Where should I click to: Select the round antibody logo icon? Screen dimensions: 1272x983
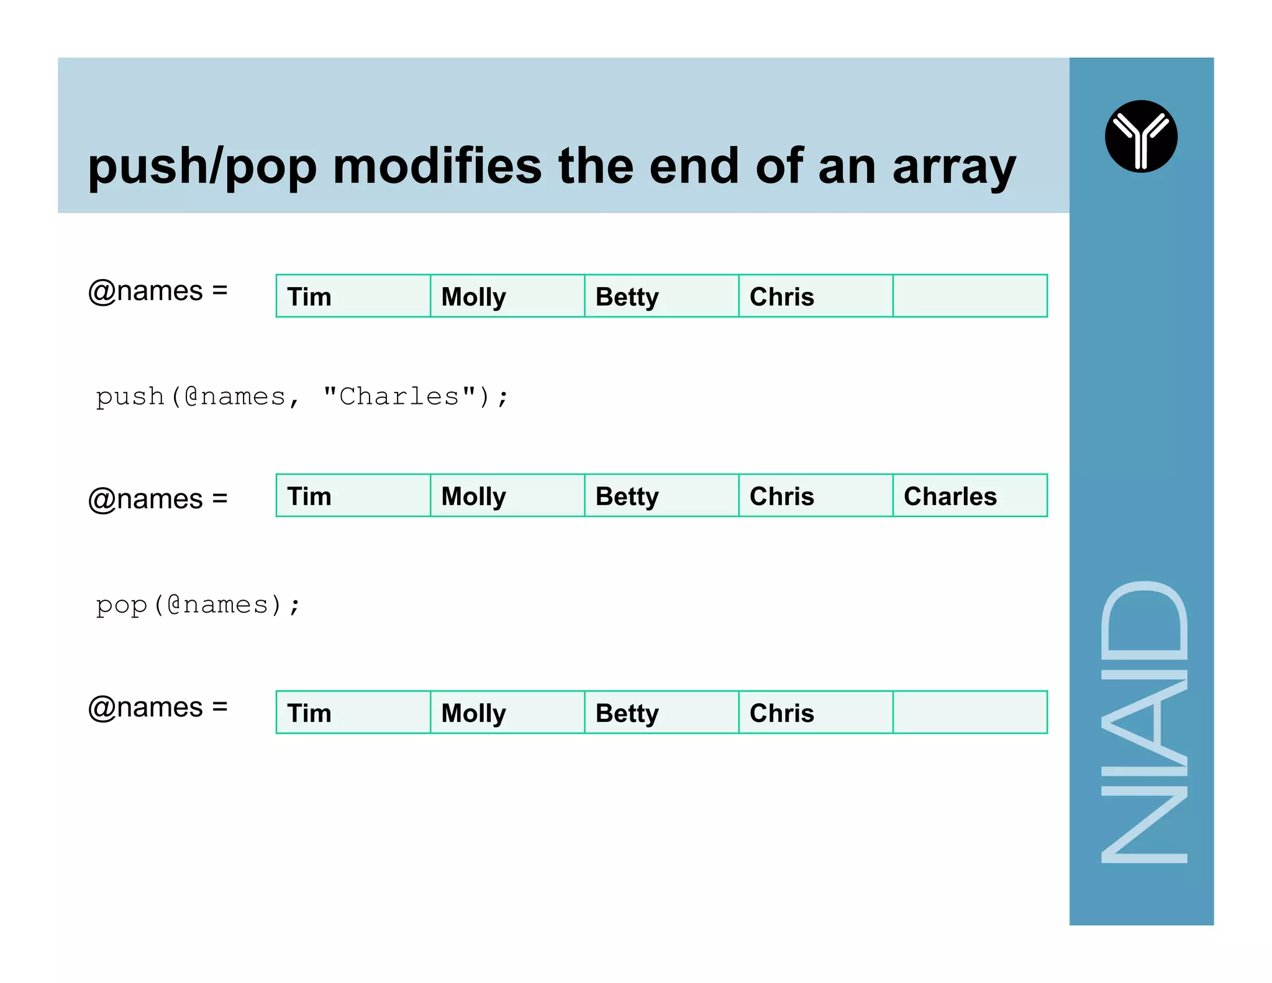point(1141,136)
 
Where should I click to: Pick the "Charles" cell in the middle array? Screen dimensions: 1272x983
point(950,496)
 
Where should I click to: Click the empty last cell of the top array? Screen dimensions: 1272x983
point(970,296)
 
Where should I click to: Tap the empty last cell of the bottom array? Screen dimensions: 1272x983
point(970,713)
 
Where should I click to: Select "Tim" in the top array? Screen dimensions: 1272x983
point(309,297)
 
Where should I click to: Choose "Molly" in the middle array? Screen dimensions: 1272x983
point(473,496)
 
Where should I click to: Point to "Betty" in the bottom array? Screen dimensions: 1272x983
point(627,713)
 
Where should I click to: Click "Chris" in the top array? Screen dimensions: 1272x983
point(781,297)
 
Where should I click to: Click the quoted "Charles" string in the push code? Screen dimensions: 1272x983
point(399,396)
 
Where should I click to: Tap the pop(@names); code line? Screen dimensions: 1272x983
point(198,605)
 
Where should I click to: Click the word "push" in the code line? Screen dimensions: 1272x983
point(130,397)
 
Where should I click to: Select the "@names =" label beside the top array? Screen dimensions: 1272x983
point(158,291)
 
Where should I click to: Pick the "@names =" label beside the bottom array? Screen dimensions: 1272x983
point(158,707)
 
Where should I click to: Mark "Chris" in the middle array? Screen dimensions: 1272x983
point(781,496)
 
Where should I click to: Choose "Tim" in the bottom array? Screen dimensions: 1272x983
point(309,713)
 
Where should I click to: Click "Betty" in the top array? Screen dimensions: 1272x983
point(627,297)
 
